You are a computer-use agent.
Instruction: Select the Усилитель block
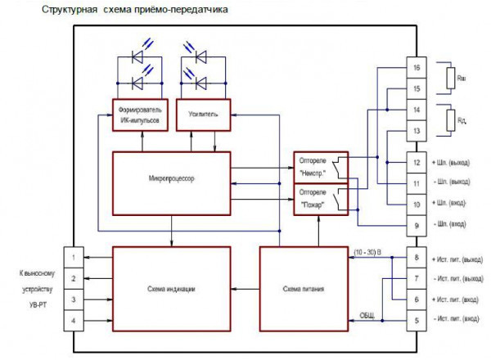(x=204, y=115)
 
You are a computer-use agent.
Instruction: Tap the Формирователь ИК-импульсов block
(x=140, y=115)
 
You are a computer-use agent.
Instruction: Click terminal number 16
(x=417, y=68)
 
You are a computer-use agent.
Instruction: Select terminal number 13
(x=417, y=131)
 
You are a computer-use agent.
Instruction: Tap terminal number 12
(x=417, y=162)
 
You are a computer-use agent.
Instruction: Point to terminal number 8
(x=417, y=259)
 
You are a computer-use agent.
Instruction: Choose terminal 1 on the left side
(x=74, y=259)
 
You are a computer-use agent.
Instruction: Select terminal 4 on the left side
(x=74, y=320)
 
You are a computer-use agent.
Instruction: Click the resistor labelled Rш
(x=449, y=79)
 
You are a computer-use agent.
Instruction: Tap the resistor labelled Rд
(x=449, y=120)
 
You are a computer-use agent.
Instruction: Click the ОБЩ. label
(x=367, y=314)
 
